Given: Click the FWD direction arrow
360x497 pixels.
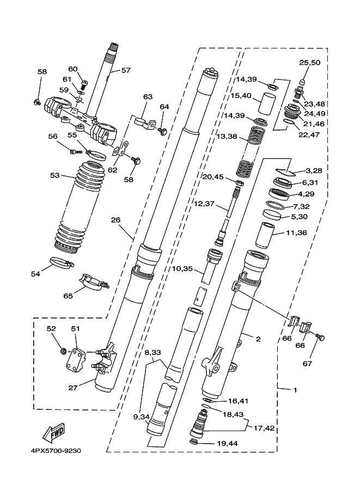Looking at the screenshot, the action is [53, 433].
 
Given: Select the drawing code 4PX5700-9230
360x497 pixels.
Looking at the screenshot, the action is [56, 451].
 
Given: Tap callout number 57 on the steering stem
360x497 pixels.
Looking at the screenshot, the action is [126, 70].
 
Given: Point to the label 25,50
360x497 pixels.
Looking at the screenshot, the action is [310, 63].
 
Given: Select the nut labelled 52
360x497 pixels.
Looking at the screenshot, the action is [63, 351].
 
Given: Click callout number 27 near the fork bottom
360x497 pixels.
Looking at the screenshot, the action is [73, 388].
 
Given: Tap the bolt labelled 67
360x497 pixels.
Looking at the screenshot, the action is [320, 338].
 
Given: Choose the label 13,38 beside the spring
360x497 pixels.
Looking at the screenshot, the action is [227, 137].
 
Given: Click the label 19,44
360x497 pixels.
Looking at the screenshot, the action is [228, 443].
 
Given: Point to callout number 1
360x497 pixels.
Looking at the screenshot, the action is [295, 390].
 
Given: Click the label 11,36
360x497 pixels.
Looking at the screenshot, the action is [296, 233].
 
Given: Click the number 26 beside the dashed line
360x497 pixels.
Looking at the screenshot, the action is [116, 220].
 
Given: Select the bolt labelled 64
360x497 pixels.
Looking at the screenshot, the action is [163, 130].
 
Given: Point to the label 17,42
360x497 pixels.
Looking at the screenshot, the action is [264, 428].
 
